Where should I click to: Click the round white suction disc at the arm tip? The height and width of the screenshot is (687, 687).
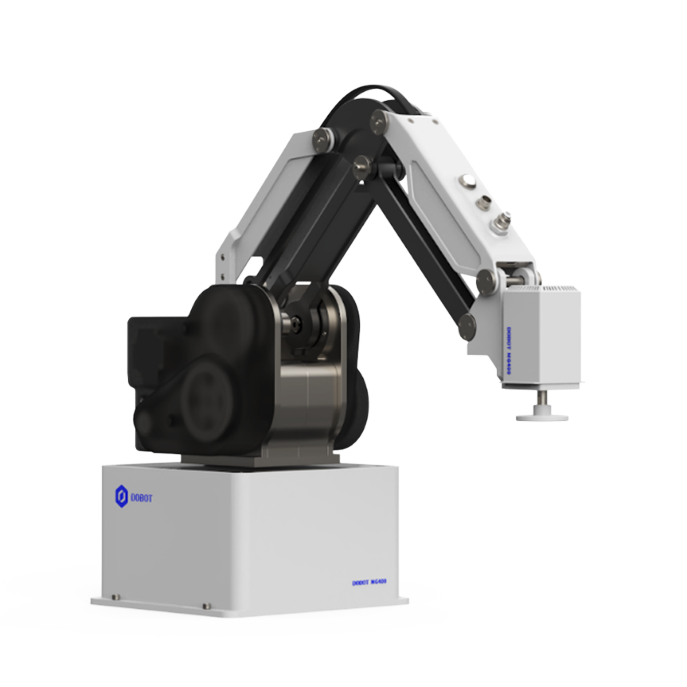point(542,417)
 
